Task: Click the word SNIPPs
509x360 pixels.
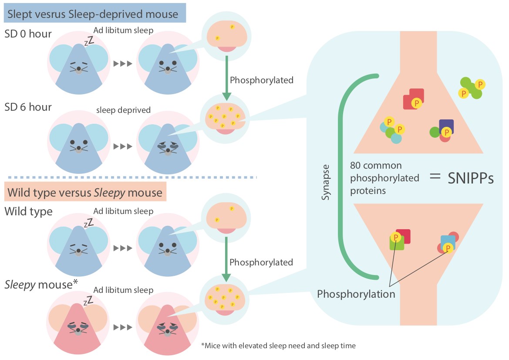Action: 471,178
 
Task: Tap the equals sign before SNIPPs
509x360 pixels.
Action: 434,178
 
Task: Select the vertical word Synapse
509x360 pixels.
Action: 326,183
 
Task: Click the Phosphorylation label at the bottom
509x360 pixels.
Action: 356,294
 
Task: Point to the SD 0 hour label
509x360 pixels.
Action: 29,34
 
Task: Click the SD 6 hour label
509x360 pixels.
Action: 28,107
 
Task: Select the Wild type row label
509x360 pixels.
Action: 29,212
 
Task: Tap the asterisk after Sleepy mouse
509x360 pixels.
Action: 76,284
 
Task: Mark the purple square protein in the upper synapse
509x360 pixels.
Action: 446,127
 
